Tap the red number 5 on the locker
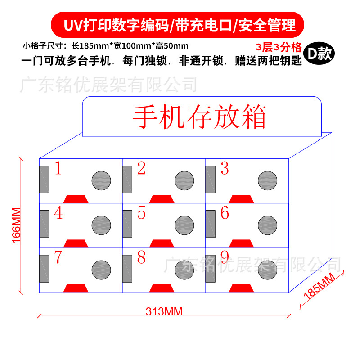click(x=142, y=213)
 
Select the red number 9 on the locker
click(x=225, y=257)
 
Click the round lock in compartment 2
click(x=184, y=180)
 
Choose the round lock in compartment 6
click(x=267, y=225)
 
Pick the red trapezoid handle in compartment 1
click(x=76, y=199)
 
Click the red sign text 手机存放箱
click(x=199, y=117)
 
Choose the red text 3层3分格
click(x=278, y=47)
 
